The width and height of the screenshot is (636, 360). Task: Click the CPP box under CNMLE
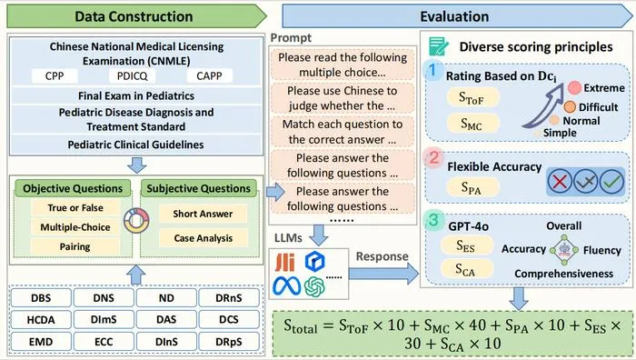click(55, 75)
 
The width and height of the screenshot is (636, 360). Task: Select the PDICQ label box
click(133, 75)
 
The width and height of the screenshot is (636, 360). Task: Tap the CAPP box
click(209, 75)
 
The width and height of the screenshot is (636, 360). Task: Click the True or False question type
click(75, 208)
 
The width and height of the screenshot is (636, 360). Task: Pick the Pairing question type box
click(75, 246)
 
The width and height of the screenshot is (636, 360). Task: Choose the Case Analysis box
click(204, 238)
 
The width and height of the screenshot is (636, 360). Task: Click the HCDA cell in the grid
click(41, 320)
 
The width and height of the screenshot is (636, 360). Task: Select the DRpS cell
click(229, 342)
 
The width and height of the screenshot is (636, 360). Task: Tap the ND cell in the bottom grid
click(166, 298)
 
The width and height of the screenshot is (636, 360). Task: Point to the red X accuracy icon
click(560, 181)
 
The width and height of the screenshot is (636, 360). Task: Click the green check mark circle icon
click(611, 181)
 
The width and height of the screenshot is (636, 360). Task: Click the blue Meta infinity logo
click(287, 286)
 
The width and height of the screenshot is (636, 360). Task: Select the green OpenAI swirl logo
click(314, 286)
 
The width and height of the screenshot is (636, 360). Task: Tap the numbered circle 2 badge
click(434, 157)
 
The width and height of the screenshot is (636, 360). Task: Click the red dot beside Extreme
click(574, 87)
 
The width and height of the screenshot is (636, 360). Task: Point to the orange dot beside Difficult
click(570, 106)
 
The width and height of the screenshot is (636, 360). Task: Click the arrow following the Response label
click(383, 274)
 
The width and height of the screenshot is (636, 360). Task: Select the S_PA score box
click(472, 187)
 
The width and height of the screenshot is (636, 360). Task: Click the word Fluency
click(601, 250)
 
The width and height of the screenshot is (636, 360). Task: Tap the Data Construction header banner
click(137, 16)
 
